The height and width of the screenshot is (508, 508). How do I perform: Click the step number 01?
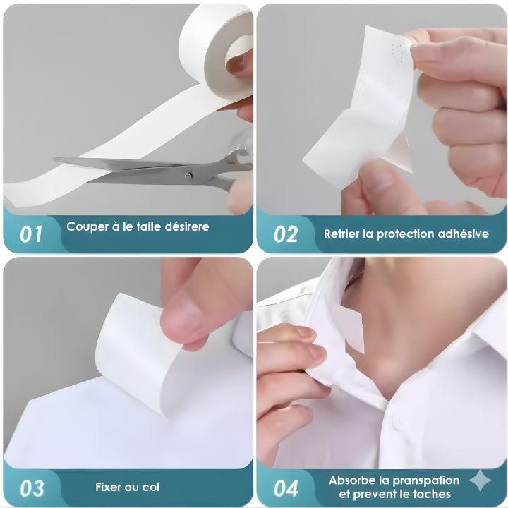pos(31,234)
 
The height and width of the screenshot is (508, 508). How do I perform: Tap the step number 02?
pos(286,234)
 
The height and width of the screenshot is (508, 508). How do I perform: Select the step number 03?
pos(32,488)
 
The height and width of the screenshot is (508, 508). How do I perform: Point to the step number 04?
pos(286,488)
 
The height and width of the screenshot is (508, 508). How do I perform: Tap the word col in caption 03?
pos(152,487)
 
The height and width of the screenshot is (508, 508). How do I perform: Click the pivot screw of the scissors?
pos(188,175)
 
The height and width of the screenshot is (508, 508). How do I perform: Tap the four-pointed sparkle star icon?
pos(480,480)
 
